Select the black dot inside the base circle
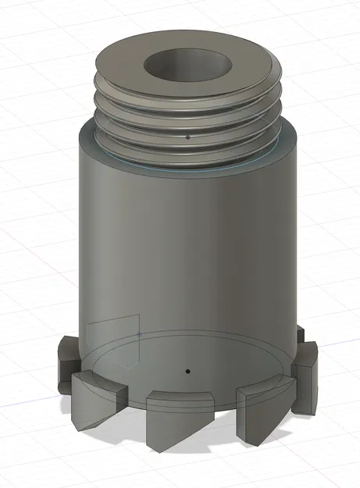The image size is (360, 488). point(187,371)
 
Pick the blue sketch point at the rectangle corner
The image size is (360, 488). point(139,334)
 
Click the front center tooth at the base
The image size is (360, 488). point(178,418)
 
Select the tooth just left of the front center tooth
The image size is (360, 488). point(98,398)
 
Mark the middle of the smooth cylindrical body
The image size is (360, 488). point(187,250)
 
